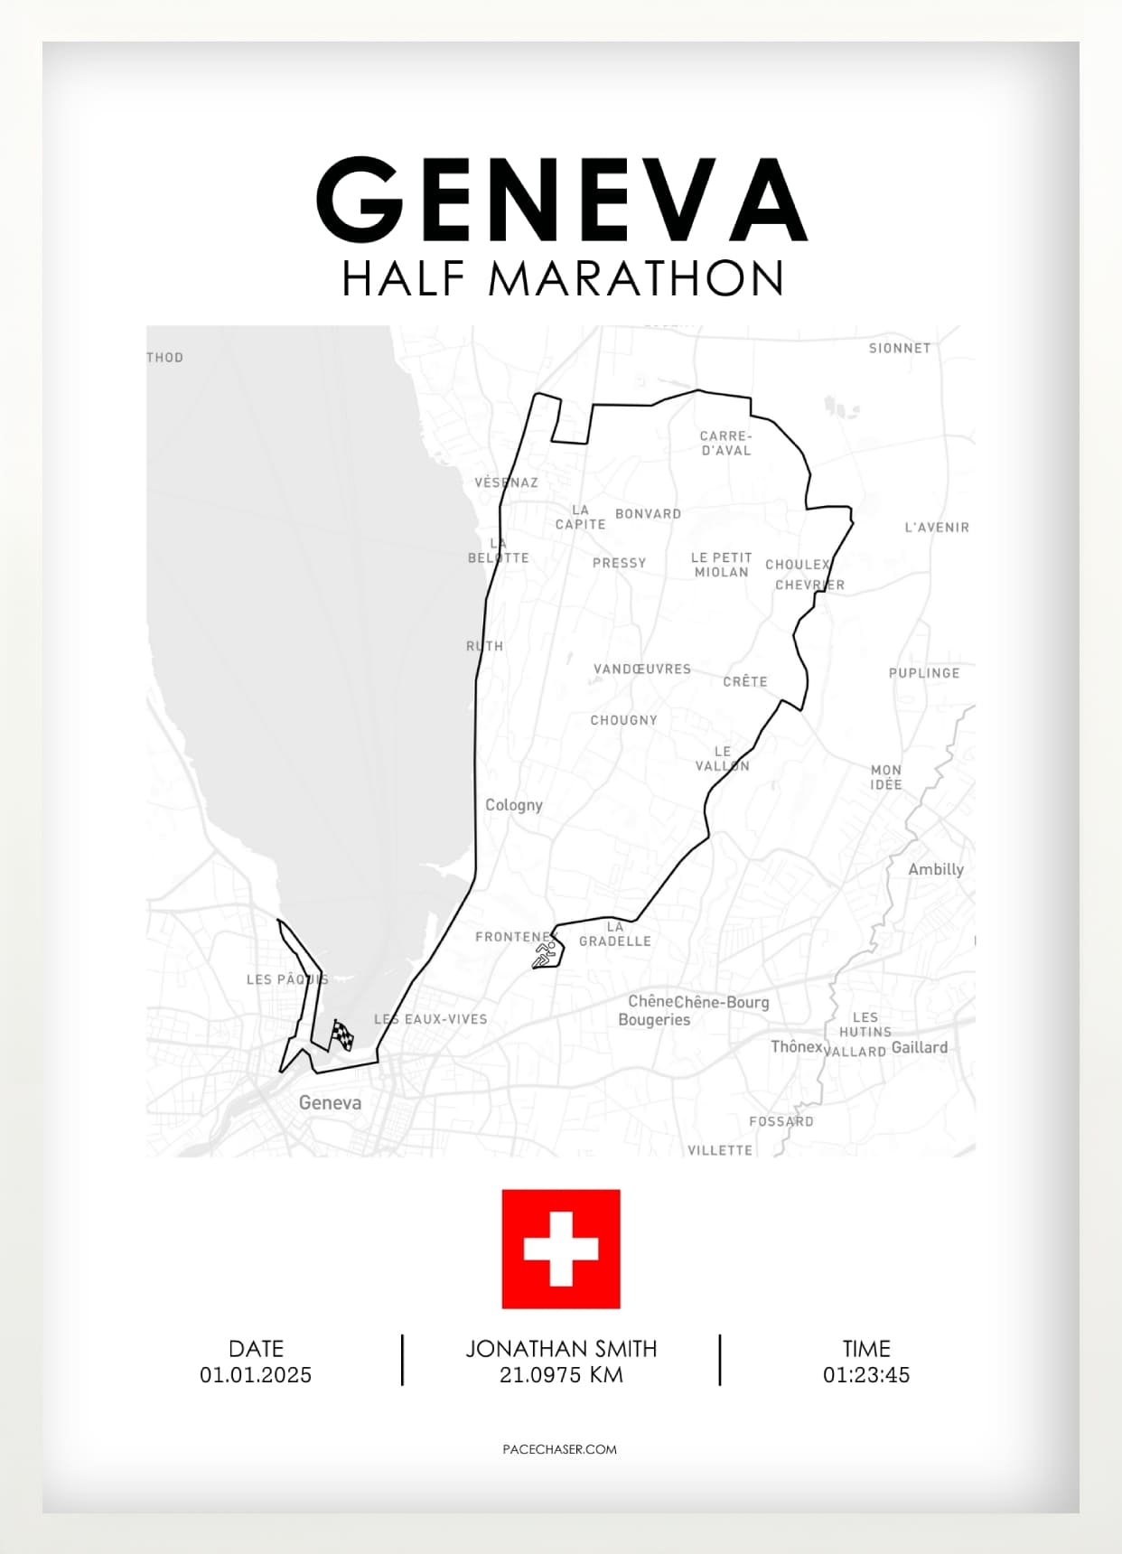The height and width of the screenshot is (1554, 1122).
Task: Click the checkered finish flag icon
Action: (341, 1035)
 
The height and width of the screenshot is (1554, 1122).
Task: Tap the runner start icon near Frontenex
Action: (545, 954)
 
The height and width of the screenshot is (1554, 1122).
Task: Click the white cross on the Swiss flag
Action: (561, 1249)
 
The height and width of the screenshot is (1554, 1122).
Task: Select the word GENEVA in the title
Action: (561, 200)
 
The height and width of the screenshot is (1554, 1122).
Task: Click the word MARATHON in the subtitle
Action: (636, 278)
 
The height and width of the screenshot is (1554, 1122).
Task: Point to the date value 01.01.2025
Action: (256, 1375)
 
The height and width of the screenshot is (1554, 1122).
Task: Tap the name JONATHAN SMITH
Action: (561, 1349)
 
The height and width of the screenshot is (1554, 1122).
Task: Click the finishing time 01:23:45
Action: (865, 1375)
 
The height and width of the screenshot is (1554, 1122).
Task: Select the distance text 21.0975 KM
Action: (561, 1375)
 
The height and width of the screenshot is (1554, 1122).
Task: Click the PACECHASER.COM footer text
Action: (560, 1449)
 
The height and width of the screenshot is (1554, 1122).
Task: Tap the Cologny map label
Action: (514, 805)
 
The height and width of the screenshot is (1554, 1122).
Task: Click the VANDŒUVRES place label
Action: (642, 669)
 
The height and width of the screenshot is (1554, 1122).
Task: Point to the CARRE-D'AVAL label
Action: (726, 444)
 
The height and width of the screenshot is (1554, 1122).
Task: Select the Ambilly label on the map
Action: (936, 869)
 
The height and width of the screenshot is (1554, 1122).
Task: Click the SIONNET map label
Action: (900, 348)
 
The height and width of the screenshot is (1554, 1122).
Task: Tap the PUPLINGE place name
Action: (924, 673)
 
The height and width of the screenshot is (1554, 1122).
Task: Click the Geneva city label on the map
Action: (330, 1102)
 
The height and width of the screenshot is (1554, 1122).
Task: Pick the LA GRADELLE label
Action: (615, 934)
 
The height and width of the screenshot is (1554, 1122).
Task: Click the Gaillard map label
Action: (920, 1048)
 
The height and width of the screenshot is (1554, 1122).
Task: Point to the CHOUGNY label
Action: (624, 720)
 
